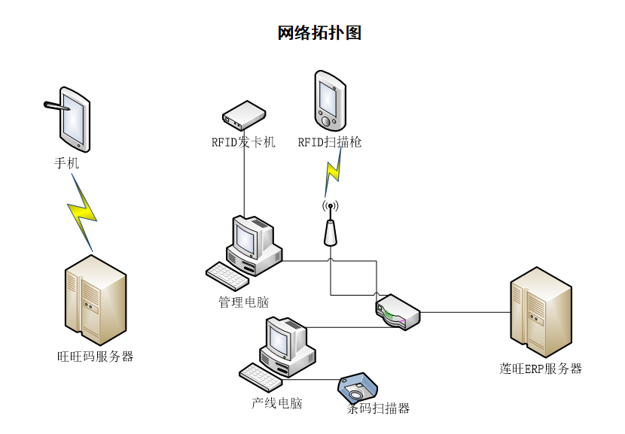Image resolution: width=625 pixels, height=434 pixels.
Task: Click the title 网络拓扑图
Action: pos(319,33)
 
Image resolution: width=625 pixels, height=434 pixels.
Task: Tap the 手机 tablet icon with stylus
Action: pos(74,118)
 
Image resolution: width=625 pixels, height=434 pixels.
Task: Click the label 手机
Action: pos(66,162)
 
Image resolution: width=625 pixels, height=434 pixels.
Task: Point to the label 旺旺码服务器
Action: pos(96,357)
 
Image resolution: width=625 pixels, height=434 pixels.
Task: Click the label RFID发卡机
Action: pos(243,142)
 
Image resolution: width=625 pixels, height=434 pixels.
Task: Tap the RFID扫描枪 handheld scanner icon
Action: pos(330,100)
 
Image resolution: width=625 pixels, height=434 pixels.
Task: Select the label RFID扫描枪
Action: pos(330,142)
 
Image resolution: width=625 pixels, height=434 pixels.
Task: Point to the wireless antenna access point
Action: pos(330,226)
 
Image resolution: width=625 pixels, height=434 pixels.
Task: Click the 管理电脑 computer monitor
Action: pos(248,239)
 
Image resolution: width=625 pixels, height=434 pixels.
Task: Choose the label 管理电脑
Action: pos(244,302)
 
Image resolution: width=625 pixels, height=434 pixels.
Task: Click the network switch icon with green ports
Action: pos(397,311)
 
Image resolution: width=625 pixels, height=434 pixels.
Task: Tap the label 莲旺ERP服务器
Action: pos(541,369)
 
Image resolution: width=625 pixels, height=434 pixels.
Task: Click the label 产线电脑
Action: pos(276,403)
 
